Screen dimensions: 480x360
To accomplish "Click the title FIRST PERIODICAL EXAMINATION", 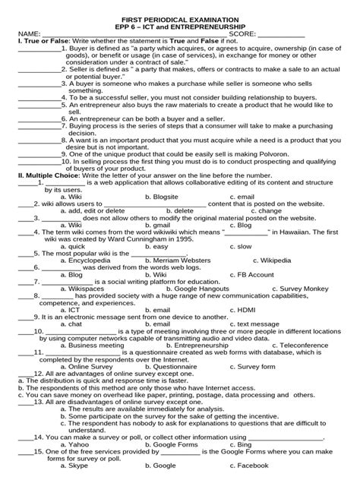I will (179, 38).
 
